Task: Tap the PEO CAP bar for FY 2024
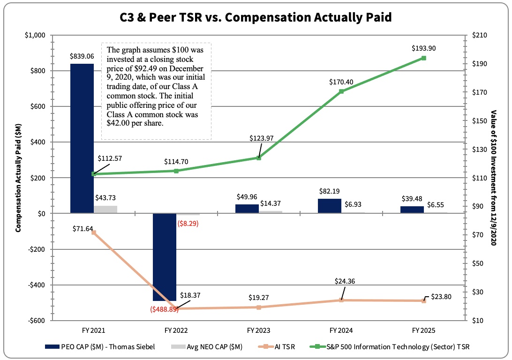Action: point(329,206)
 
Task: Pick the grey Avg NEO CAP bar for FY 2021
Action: point(105,210)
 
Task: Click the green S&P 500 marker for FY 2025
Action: point(423,58)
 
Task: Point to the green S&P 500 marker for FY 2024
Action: point(341,91)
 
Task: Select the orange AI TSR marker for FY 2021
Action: point(94,232)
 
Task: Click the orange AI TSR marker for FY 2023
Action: point(258,307)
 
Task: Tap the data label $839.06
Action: point(82,56)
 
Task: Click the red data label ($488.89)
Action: point(164,309)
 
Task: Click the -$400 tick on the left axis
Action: point(37,285)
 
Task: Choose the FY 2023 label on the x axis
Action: point(258,330)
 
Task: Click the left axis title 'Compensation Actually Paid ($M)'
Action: point(18,178)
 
